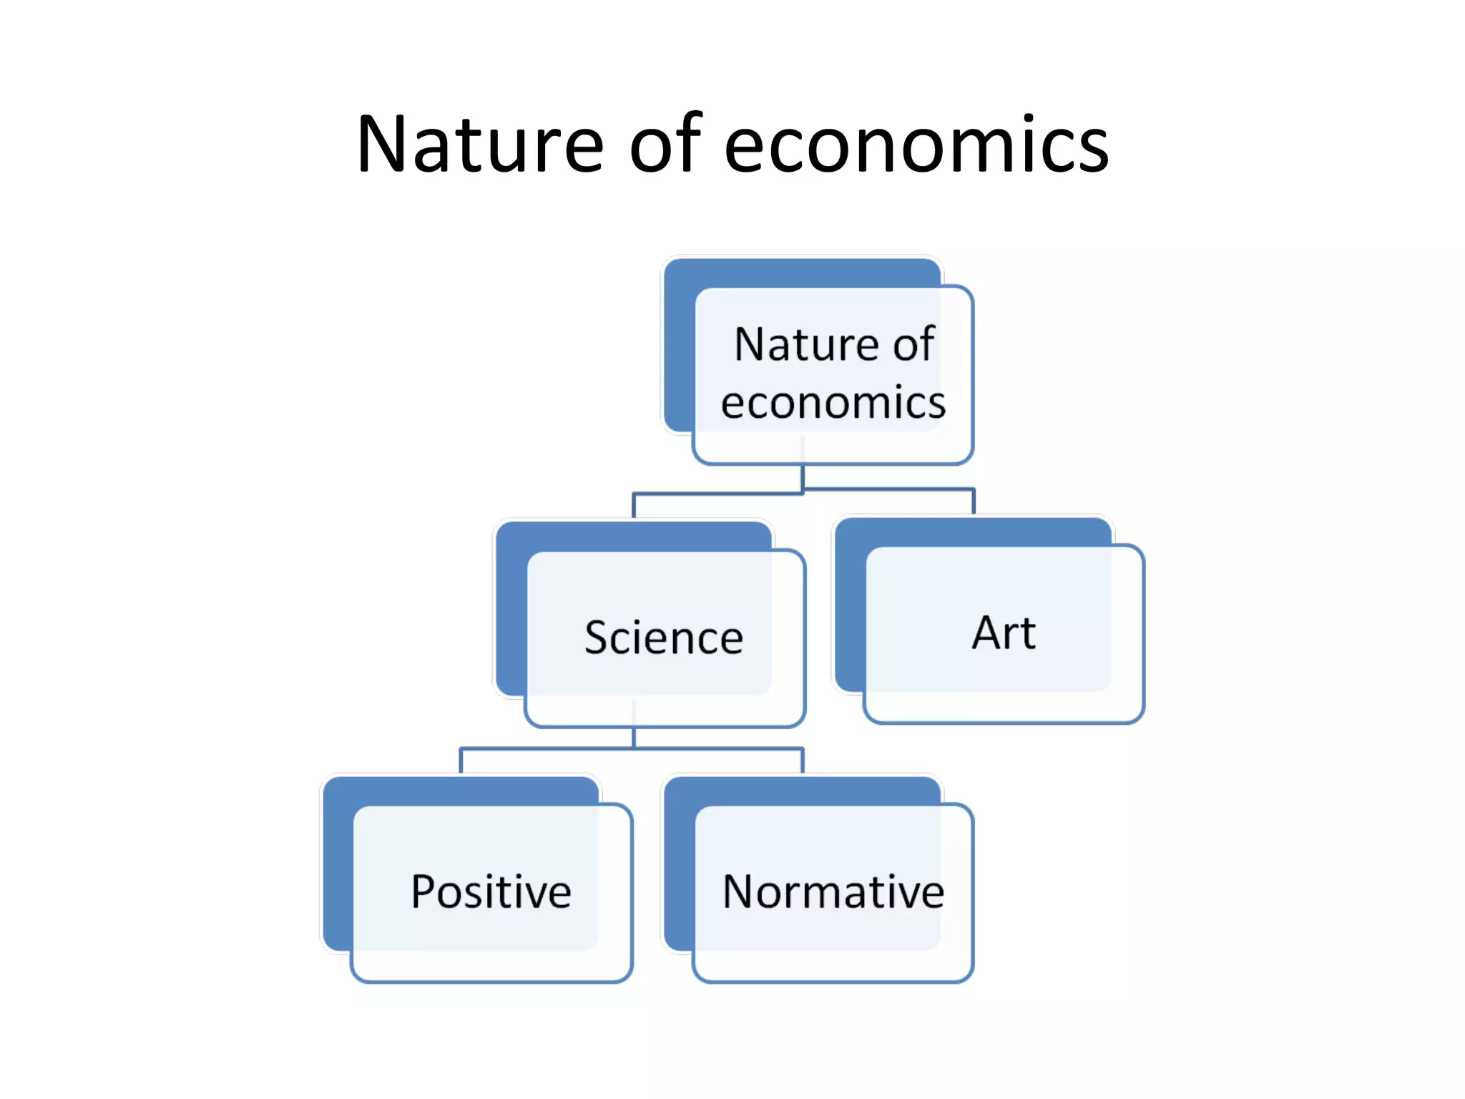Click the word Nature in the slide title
(x=480, y=145)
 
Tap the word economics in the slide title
(x=916, y=145)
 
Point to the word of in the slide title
(x=665, y=145)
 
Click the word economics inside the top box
(x=833, y=403)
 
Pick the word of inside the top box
(x=913, y=344)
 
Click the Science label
(x=664, y=638)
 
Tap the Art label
(x=1004, y=633)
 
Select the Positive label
(x=491, y=892)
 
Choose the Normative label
(x=833, y=892)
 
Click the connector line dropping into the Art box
(x=974, y=502)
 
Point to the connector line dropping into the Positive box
(x=461, y=761)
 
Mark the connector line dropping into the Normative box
(x=803, y=761)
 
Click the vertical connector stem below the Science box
(x=634, y=738)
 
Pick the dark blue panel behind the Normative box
(x=679, y=873)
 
